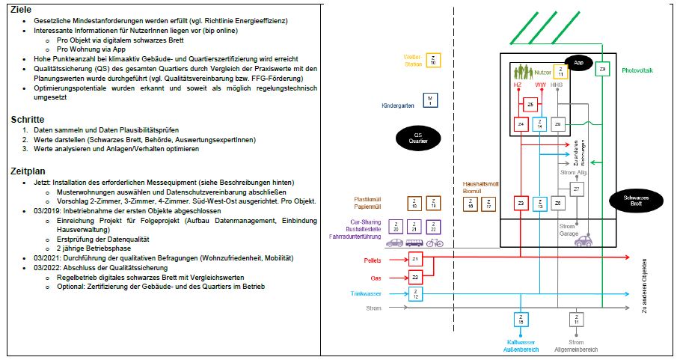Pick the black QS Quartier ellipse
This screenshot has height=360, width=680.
click(417, 138)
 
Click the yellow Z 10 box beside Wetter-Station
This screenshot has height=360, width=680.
click(434, 61)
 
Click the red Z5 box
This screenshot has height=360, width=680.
click(530, 105)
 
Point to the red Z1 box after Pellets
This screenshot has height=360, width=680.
click(415, 259)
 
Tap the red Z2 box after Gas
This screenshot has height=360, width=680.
click(415, 277)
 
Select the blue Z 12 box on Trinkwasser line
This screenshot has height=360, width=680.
click(415, 295)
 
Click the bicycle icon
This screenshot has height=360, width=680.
click(435, 242)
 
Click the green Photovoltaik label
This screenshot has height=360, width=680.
click(637, 70)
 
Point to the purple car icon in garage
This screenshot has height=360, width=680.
click(586, 241)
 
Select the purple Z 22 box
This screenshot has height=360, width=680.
click(435, 227)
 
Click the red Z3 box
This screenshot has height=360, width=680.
click(521, 204)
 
